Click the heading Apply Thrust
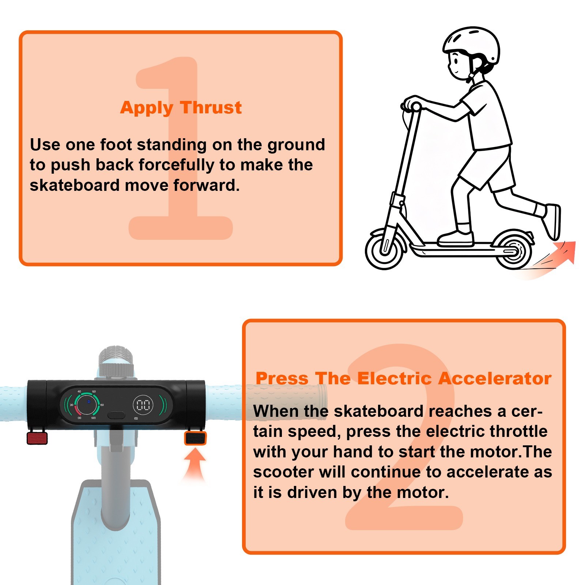coord(181,108)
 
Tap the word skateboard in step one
coord(75,185)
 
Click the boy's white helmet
coord(472,46)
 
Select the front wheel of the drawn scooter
coord(385,249)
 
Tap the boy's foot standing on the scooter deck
coord(456,238)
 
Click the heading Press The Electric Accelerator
coord(403,378)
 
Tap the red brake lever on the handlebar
coord(37,438)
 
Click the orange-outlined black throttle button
coord(195,438)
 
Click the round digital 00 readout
coord(143,405)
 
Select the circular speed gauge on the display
coord(87,405)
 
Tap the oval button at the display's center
coord(116,415)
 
